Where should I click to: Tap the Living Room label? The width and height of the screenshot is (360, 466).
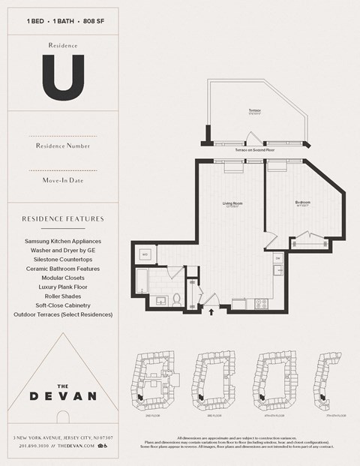[x=230, y=203]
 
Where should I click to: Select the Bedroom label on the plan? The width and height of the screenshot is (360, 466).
[x=302, y=203]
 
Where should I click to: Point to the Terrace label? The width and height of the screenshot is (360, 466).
[x=255, y=111]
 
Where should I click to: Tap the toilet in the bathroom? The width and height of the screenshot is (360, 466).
[x=177, y=299]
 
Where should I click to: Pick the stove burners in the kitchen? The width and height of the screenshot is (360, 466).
[x=262, y=303]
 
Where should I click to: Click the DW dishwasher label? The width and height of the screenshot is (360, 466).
[x=277, y=258]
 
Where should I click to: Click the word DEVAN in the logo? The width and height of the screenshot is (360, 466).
[x=63, y=395]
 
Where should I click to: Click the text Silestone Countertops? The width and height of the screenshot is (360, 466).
[x=63, y=259]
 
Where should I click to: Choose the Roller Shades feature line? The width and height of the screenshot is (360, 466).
[x=63, y=296]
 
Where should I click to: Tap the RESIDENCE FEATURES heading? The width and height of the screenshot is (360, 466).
[x=63, y=219]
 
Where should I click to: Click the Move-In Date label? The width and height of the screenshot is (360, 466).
[x=63, y=179]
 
